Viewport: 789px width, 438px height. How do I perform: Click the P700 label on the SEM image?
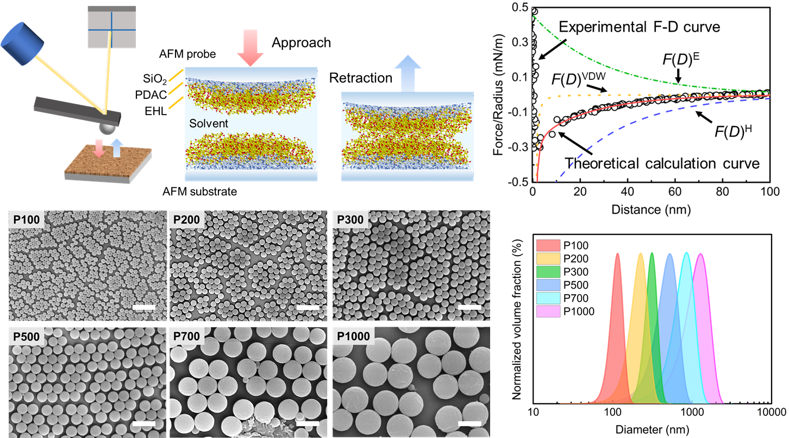point(187,337)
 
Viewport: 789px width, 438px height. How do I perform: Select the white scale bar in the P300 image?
point(469,308)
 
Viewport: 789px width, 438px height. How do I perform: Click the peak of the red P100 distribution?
point(617,254)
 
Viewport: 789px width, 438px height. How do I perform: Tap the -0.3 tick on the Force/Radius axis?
point(518,147)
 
